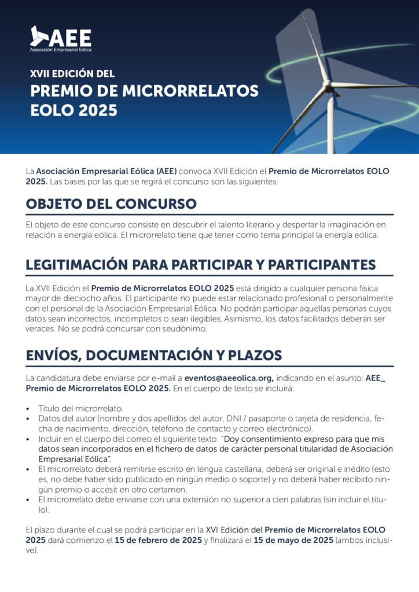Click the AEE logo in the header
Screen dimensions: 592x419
coord(61,38)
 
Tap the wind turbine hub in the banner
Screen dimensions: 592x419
coord(328,84)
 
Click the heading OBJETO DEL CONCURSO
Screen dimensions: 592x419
coord(111,204)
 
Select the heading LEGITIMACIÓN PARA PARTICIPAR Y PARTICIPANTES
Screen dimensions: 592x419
coord(201,265)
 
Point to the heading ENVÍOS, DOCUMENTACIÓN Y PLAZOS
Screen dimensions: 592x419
coord(154,355)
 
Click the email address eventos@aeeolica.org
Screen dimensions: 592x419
coord(229,378)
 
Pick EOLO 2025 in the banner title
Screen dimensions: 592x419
coord(73,110)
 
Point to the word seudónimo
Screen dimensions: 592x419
coord(181,329)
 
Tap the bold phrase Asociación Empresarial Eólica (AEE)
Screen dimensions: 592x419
coord(106,172)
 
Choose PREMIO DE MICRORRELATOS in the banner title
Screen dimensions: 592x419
coord(144,91)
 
